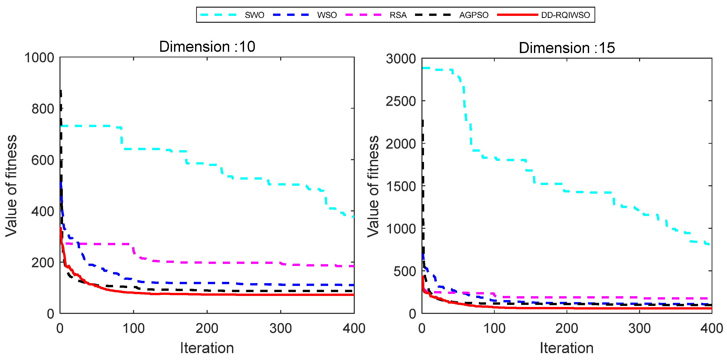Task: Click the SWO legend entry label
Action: (254, 15)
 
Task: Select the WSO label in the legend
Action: (327, 15)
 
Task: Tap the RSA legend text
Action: (398, 15)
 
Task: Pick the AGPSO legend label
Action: (473, 15)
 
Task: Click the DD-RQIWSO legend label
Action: (565, 15)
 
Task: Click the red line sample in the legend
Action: (517, 15)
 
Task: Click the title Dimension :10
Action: (207, 47)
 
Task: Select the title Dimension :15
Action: (567, 48)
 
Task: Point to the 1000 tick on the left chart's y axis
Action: (39, 58)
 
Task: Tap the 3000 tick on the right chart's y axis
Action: (401, 59)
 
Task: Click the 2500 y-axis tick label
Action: (401, 101)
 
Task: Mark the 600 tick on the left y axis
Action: (43, 160)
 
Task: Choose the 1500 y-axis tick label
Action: (401, 187)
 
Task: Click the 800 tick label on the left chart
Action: (43, 109)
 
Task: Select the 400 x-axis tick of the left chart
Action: (354, 328)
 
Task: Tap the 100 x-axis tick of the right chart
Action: (494, 328)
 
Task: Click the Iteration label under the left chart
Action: (207, 348)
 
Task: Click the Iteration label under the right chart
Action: (567, 348)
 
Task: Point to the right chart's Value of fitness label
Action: (373, 187)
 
